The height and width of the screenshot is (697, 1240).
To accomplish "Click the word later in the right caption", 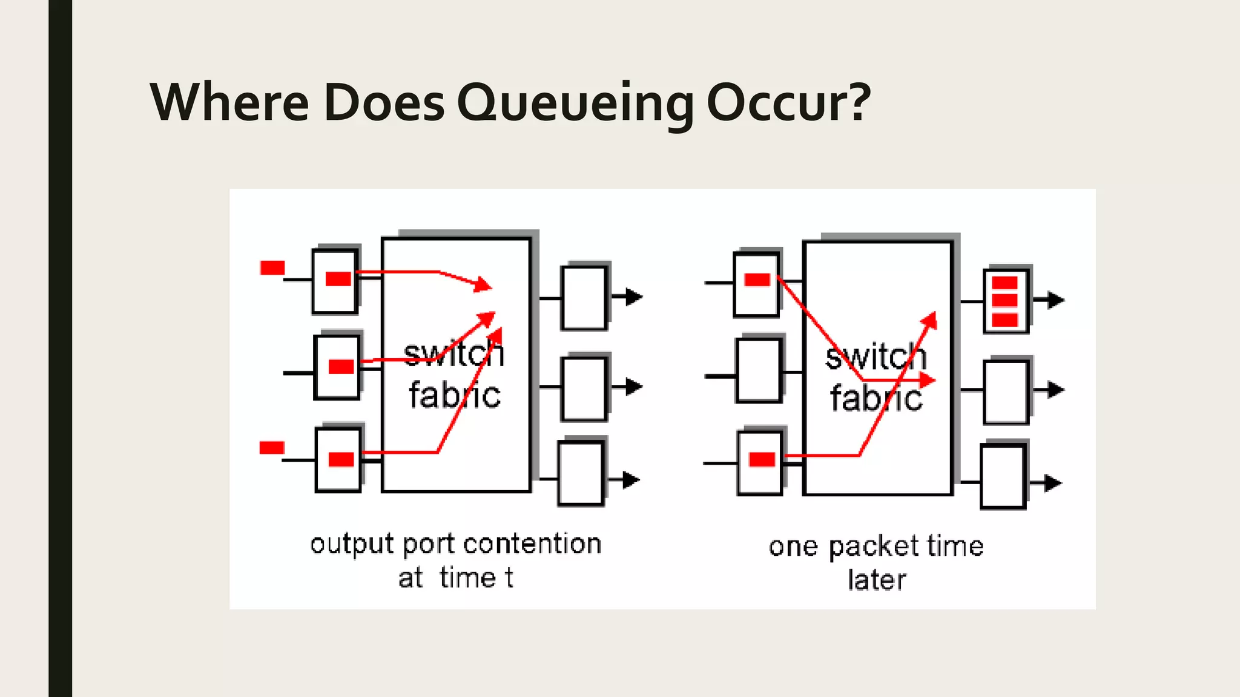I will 876,580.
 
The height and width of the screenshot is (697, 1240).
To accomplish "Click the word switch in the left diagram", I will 453,354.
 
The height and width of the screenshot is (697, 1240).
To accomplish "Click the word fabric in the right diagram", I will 876,398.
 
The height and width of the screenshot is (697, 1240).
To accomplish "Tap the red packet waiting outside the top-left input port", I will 272,267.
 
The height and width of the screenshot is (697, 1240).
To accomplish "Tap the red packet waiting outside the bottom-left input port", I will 271,448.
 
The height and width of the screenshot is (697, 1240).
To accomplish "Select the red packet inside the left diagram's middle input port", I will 341,367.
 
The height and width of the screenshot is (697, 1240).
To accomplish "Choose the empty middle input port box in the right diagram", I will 759,370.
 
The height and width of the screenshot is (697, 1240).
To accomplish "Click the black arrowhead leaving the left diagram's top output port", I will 633,297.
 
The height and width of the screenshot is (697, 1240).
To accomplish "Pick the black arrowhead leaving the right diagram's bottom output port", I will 1053,483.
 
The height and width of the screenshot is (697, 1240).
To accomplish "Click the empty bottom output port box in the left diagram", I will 581,473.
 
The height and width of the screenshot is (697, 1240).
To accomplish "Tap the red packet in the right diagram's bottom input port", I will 762,460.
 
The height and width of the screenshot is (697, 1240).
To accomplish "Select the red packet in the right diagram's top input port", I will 757,280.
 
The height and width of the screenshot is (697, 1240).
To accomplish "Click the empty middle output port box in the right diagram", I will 1005,391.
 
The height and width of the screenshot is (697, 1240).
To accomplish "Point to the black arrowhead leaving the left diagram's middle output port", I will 633,386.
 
